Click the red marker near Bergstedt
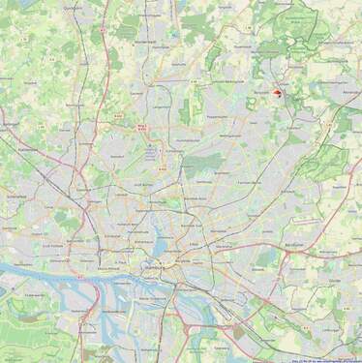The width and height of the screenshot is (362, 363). (x=278, y=94)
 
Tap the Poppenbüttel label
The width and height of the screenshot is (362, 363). (x=216, y=116)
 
